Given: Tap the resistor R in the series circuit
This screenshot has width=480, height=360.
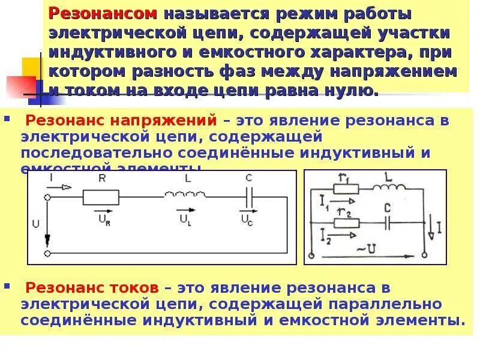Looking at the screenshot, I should [x=100, y=196].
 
